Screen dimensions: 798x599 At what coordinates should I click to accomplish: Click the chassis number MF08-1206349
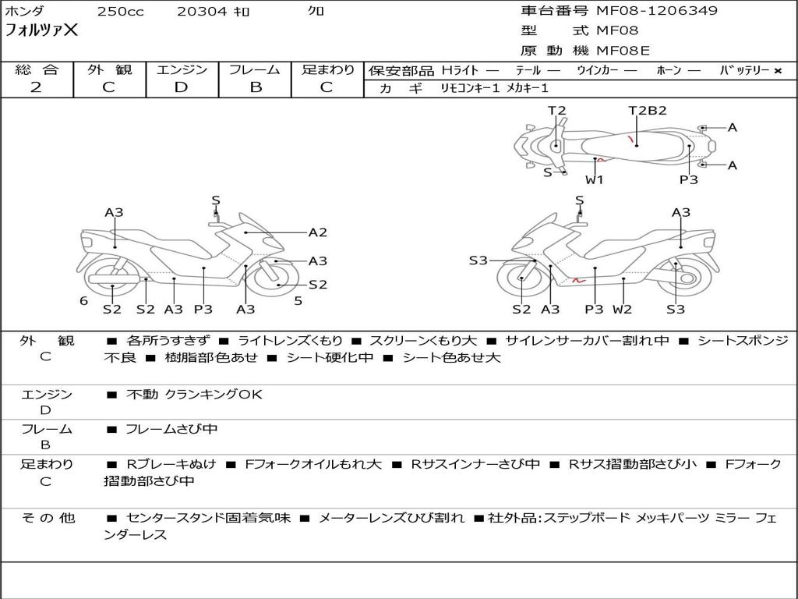point(657,11)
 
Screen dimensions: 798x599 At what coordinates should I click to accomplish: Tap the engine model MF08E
point(623,51)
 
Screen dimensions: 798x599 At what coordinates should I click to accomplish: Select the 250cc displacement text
point(121,11)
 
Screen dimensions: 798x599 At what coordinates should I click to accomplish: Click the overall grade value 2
point(36,87)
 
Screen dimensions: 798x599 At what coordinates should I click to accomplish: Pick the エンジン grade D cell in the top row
point(182,87)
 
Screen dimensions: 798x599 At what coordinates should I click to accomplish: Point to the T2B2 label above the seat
point(648,111)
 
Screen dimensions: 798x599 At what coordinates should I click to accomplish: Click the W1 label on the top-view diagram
point(594,179)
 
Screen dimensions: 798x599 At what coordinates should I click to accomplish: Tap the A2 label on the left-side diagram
point(318,232)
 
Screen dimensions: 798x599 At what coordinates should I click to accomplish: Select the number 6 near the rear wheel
point(84,300)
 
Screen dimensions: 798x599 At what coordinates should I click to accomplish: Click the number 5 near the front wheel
point(298,300)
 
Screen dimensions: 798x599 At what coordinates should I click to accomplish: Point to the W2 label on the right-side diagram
point(622,309)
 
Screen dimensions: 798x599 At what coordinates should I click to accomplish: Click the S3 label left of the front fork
point(478,261)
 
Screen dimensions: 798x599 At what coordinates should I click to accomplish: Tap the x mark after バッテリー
point(778,71)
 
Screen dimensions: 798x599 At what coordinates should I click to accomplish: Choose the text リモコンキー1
point(470,88)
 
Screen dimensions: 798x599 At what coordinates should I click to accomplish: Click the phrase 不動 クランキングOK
point(194,394)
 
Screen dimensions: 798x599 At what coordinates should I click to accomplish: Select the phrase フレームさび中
point(171,429)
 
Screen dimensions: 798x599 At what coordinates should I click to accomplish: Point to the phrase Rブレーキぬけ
point(171,464)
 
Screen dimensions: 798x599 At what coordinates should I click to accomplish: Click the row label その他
point(48,518)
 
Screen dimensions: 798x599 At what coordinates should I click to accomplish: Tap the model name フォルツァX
point(41,30)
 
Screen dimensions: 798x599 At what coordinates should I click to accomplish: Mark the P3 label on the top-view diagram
point(689,179)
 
